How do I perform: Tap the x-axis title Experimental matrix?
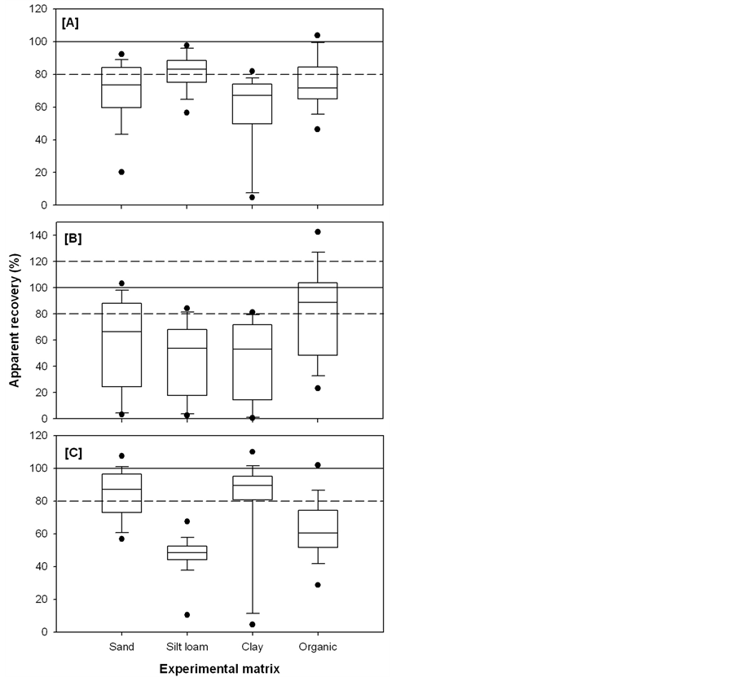pos(220,668)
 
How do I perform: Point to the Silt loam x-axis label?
pos(187,647)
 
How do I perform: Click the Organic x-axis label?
pos(317,647)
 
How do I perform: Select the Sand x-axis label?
pos(122,647)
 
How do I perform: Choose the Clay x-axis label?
pos(253,647)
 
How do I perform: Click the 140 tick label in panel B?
pos(38,235)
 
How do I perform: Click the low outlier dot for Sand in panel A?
pos(122,172)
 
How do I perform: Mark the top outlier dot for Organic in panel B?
pos(317,231)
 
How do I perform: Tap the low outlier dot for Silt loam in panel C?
pos(187,614)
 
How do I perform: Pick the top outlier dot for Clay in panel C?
pos(253,451)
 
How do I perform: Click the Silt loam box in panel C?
pos(187,552)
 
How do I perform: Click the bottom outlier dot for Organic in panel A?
pos(317,129)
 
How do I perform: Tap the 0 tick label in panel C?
pos(42,631)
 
